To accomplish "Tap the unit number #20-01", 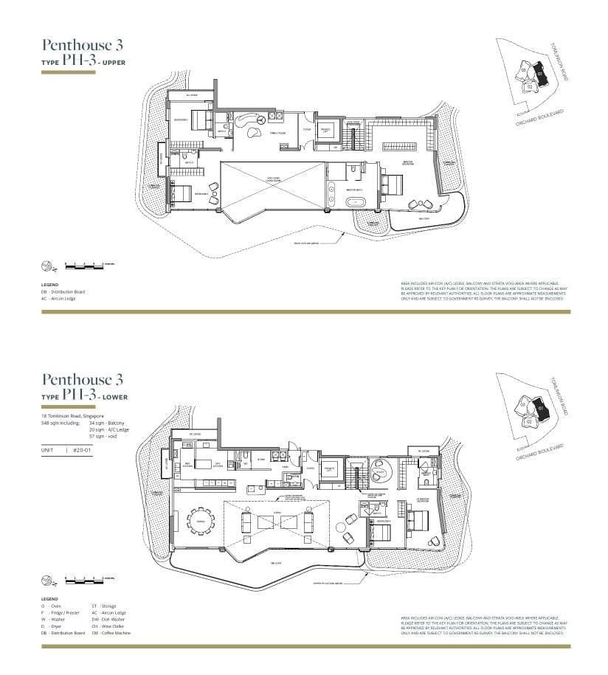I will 81,449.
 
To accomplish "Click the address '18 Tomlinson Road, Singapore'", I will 73,416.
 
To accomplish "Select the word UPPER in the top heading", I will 114,63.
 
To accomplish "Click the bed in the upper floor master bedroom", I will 393,181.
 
